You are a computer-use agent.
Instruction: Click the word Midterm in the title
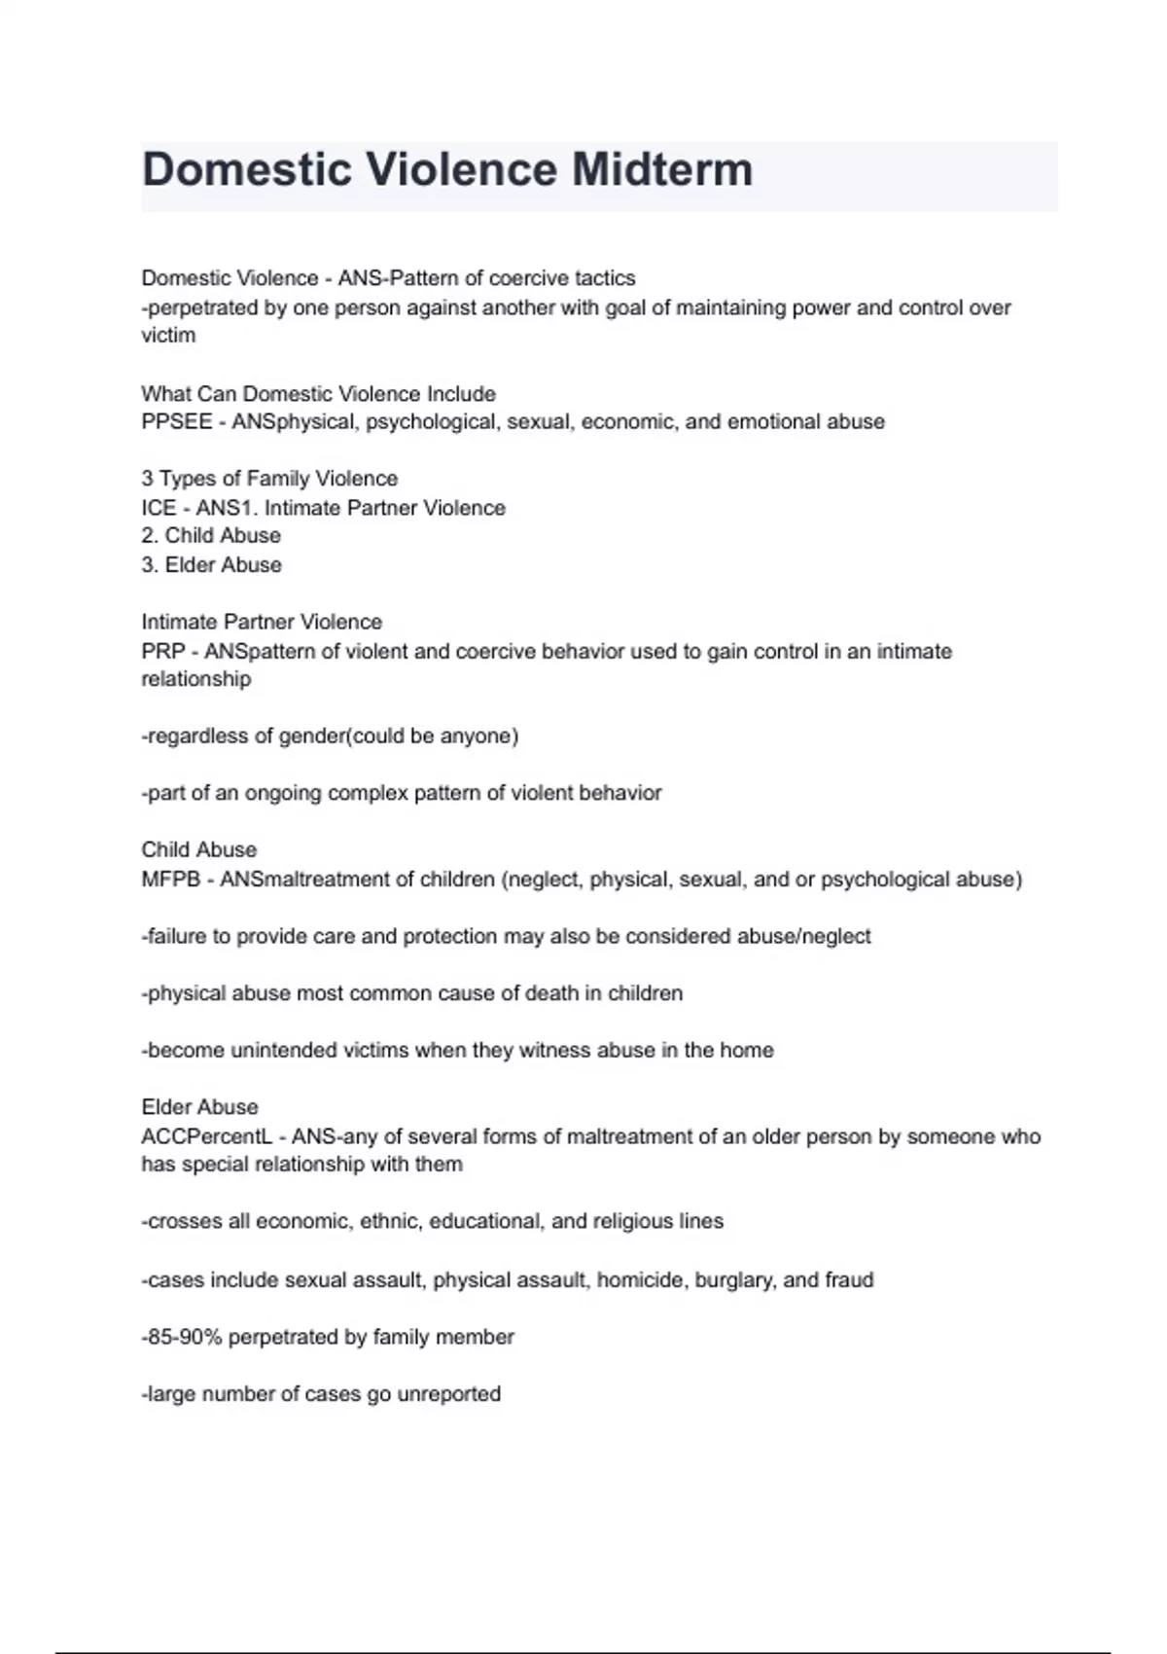(661, 169)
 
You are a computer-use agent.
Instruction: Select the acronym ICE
(159, 508)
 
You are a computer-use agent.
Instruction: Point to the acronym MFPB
(170, 880)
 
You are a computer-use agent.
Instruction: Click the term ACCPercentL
(207, 1136)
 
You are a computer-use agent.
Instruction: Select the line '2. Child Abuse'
(211, 536)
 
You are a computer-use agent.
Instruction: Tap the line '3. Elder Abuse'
(211, 565)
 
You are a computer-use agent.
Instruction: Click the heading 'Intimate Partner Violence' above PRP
(262, 622)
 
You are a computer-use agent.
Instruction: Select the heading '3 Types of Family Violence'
(269, 479)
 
